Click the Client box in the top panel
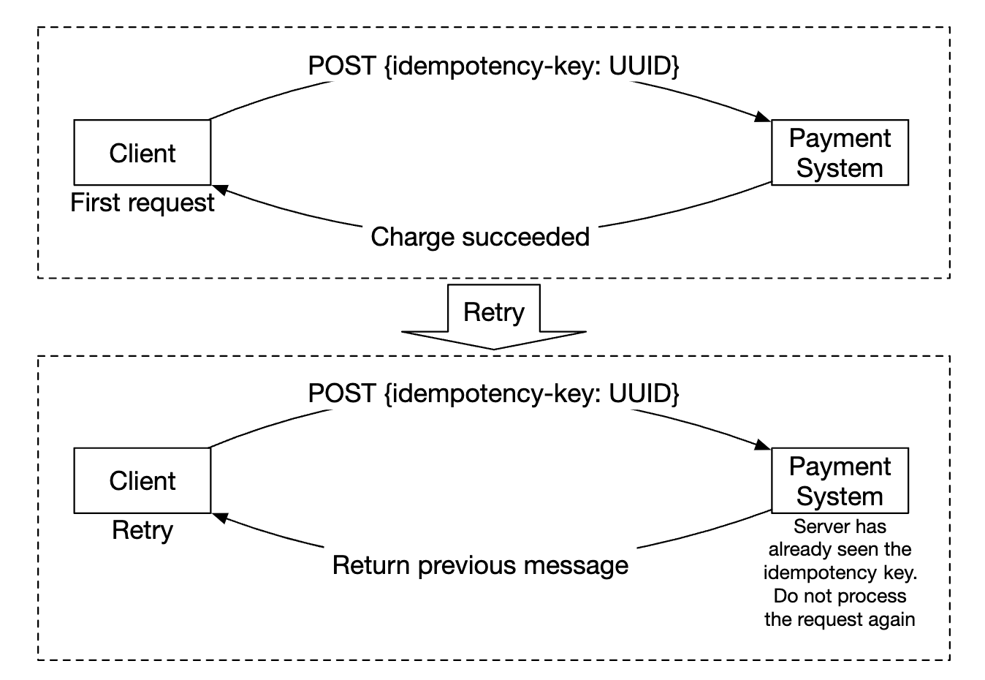click(142, 153)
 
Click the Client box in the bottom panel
click(142, 480)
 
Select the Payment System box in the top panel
click(840, 153)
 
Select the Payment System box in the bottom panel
click(840, 480)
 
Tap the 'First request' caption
click(142, 203)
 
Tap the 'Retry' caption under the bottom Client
click(142, 530)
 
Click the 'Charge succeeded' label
click(480, 237)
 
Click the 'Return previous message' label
click(480, 565)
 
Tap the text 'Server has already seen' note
click(840, 537)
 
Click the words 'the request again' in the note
click(840, 619)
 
